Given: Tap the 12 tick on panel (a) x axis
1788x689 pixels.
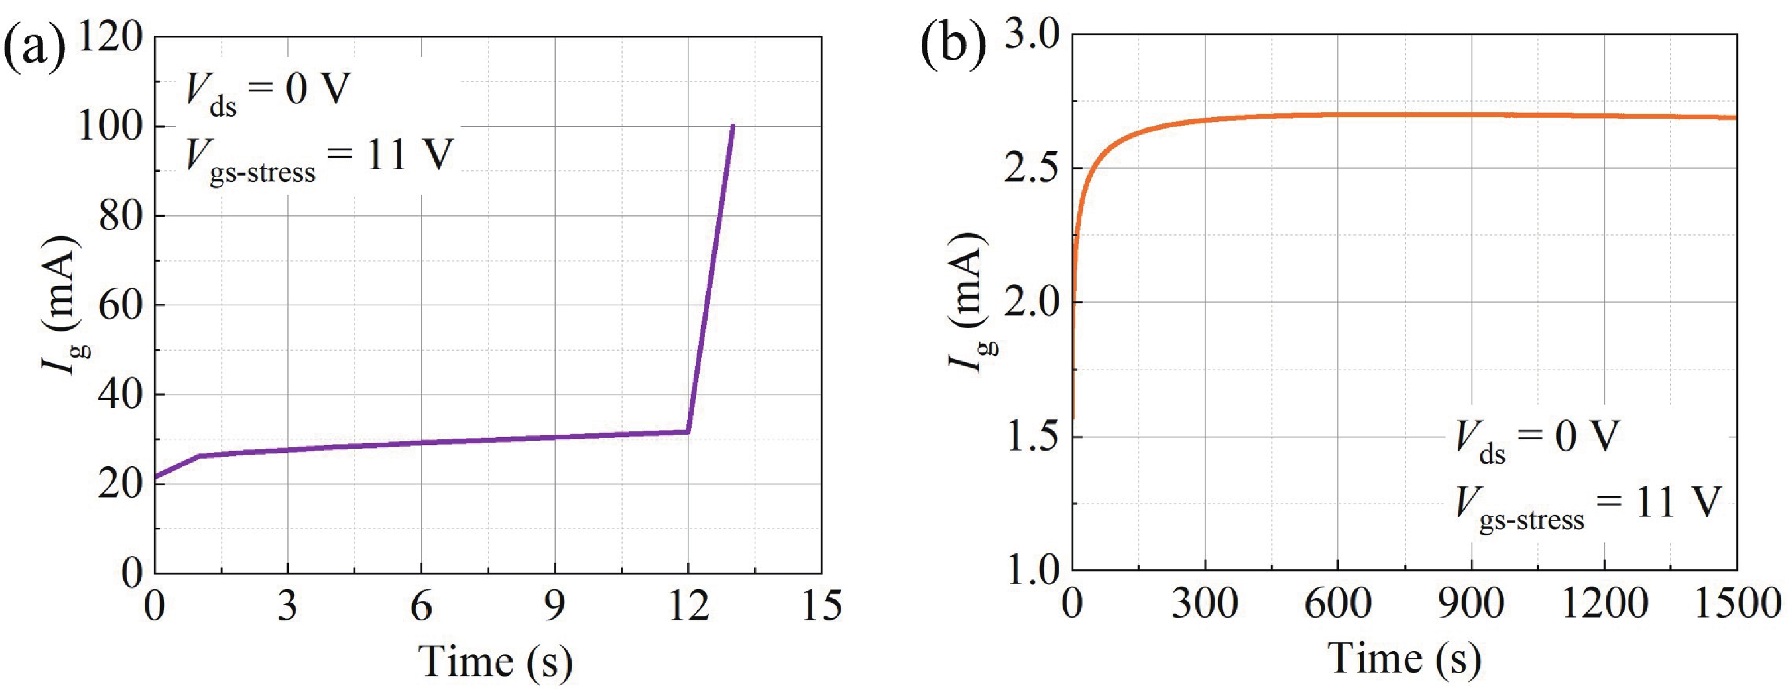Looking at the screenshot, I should [x=689, y=606].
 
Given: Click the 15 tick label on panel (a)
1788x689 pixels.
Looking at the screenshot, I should [x=821, y=606].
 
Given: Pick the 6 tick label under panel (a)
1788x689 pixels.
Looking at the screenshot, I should [x=421, y=606].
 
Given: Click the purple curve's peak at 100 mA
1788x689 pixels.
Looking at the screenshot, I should [x=733, y=127].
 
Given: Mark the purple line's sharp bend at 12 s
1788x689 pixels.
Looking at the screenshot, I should [x=688, y=431].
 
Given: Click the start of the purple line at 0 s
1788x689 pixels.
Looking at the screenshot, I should [x=156, y=477].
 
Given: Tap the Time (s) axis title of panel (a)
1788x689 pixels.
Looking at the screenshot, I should [x=496, y=661].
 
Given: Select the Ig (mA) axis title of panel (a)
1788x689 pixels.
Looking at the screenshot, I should [x=64, y=305].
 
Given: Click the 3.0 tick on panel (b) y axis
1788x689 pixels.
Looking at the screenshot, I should [x=1034, y=35].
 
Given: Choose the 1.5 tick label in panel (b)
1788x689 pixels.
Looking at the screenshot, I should [x=1034, y=437].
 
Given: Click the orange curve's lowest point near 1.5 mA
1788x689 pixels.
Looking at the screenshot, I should [x=1074, y=418].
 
